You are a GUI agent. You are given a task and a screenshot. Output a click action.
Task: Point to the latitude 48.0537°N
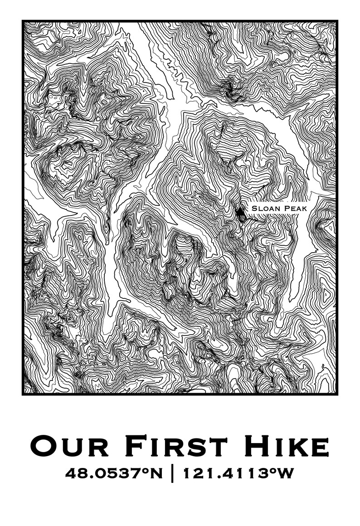point(113,474)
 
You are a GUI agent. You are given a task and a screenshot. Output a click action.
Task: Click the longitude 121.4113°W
point(238,474)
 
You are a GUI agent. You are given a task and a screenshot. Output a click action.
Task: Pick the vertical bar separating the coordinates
point(172,474)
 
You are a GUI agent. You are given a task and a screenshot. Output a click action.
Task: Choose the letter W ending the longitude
point(286,474)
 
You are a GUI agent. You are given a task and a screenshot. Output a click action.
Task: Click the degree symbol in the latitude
point(145,471)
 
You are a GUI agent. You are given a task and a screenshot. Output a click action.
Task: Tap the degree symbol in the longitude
point(274,471)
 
